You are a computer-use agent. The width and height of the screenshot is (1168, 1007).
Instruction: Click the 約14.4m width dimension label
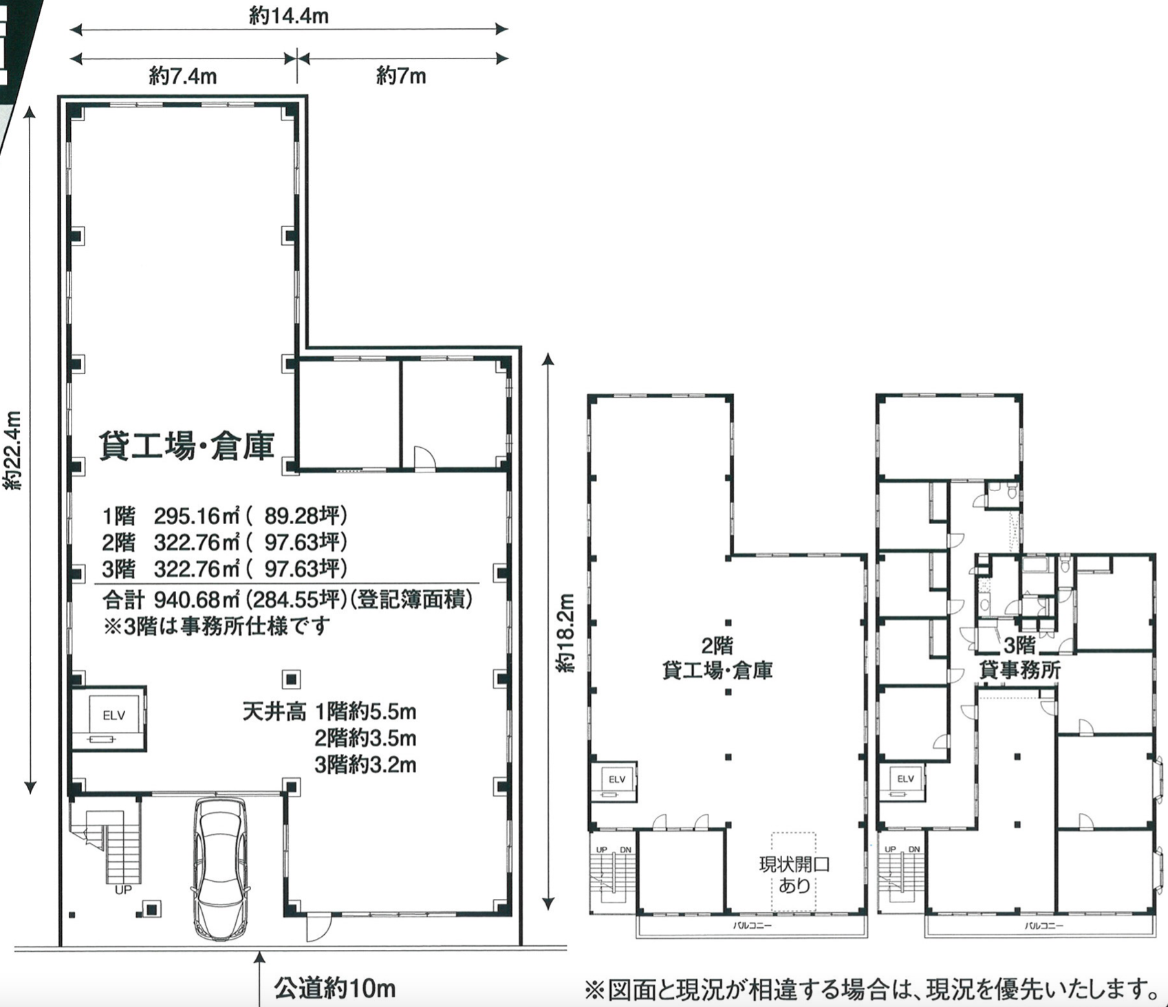pyautogui.click(x=289, y=16)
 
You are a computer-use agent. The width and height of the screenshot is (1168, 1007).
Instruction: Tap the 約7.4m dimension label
pyautogui.click(x=183, y=76)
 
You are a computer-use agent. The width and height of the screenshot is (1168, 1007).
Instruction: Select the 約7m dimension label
pyautogui.click(x=401, y=76)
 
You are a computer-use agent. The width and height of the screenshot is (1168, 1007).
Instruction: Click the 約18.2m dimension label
pyautogui.click(x=565, y=631)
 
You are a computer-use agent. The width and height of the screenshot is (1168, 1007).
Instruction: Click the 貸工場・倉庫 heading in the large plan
pyautogui.click(x=186, y=445)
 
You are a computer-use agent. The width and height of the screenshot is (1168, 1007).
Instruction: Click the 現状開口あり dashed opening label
pyautogui.click(x=794, y=874)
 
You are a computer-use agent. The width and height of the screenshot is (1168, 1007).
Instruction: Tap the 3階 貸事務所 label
pyautogui.click(x=1019, y=657)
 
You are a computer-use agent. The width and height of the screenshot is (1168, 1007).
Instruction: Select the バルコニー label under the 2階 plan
pyautogui.click(x=752, y=926)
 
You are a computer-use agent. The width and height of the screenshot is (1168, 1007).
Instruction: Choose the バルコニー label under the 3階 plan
pyautogui.click(x=1043, y=926)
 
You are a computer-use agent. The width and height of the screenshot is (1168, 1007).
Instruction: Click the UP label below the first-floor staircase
pyautogui.click(x=123, y=891)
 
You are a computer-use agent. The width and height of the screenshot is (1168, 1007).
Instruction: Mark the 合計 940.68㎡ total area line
pyautogui.click(x=288, y=600)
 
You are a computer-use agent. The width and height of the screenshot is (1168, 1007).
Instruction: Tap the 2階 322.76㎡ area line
pyautogui.click(x=224, y=542)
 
